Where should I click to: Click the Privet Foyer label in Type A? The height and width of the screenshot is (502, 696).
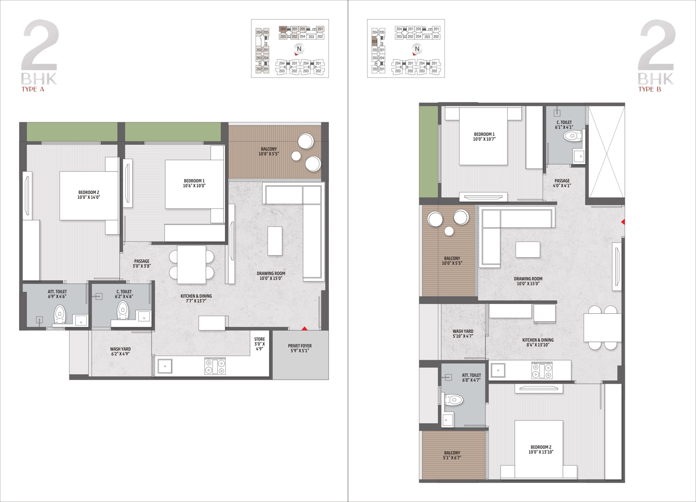tap(300, 346)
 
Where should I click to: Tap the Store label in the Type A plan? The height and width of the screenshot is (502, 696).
tap(259, 339)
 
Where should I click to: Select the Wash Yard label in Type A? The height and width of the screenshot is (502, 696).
tap(120, 349)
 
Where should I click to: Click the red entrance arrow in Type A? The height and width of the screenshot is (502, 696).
tap(304, 328)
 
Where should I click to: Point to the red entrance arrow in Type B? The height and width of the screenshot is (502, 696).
tap(623, 222)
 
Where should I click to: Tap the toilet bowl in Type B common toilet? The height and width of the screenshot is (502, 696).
tap(573, 135)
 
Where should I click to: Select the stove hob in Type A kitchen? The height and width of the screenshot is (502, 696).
tap(215, 367)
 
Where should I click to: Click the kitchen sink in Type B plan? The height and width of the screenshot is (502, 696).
tap(498, 371)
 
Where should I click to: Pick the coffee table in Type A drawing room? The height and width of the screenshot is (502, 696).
tap(275, 241)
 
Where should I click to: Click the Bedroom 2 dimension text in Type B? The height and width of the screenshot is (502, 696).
tap(541, 452)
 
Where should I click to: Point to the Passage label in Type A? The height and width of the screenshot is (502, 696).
tap(141, 261)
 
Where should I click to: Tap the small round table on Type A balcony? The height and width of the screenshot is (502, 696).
tap(296, 156)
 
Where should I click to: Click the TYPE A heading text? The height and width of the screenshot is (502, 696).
tap(33, 90)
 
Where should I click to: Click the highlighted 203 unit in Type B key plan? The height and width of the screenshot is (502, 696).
tap(374, 41)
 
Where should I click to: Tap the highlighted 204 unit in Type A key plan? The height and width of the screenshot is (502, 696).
tap(283, 29)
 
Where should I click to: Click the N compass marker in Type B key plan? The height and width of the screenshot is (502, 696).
tap(417, 49)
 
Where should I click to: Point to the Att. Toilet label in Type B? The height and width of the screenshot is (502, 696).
tap(471, 375)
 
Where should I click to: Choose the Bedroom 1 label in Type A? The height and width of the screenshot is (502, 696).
tap(194, 181)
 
